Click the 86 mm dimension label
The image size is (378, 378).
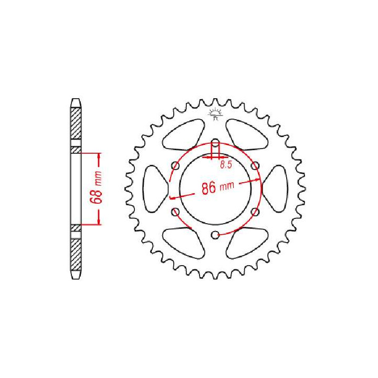[218, 187]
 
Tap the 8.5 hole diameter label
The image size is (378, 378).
[226, 165]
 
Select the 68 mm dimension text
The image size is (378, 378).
[96, 187]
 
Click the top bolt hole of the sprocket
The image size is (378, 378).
[215, 142]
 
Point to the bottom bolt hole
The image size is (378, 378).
[215, 235]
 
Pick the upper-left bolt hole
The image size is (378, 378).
[175, 165]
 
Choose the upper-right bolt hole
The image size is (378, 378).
[256, 165]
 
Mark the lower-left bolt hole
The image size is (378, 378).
[175, 212]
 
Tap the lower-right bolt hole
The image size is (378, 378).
[256, 212]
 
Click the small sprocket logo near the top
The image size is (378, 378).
[215, 114]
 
